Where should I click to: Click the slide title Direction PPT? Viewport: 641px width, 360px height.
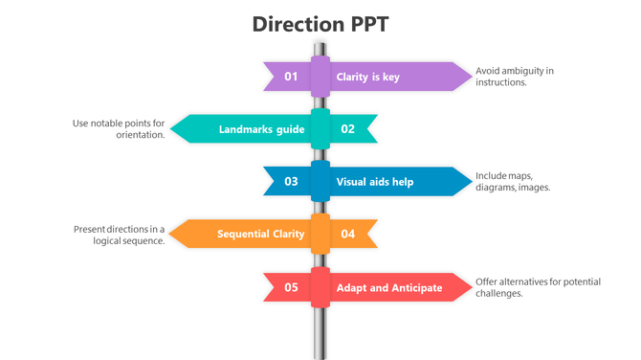click(320, 24)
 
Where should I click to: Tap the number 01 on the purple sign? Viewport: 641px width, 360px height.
click(291, 77)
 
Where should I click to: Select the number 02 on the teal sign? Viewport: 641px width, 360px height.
click(348, 129)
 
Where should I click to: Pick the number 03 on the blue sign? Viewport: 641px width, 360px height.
click(291, 181)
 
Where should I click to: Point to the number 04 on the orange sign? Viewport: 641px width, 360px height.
click(348, 234)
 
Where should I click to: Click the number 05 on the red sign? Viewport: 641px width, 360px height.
click(291, 287)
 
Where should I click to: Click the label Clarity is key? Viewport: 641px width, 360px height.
click(367, 77)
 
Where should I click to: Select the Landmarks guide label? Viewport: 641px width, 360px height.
click(261, 129)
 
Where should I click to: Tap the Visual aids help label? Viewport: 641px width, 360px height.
click(374, 181)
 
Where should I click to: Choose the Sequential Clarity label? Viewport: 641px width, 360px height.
click(260, 234)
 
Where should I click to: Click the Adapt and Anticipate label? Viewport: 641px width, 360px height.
click(388, 287)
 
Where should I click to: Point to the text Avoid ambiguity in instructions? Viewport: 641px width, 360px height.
click(515, 77)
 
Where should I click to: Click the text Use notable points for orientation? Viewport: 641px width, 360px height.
click(119, 129)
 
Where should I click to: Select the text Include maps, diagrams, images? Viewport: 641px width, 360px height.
click(513, 181)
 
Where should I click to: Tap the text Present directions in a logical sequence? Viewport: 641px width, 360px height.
click(119, 235)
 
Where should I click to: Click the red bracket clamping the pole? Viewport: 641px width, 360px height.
click(320, 286)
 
